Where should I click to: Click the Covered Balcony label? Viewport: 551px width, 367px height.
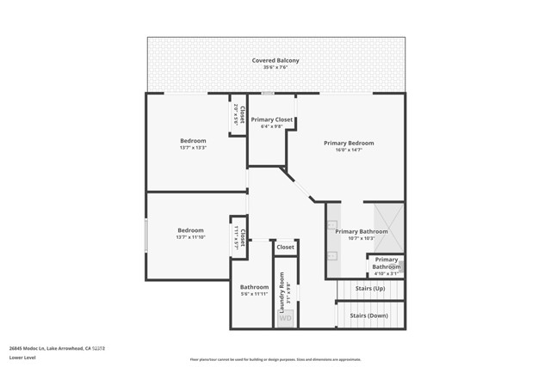coord(275,60)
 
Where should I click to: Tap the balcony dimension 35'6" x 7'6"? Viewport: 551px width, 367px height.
coord(275,68)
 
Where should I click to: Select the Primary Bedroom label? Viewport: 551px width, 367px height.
coord(349,143)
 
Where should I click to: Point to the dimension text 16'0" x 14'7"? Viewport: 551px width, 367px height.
coord(349,150)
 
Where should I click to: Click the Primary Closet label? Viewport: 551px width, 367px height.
coord(272,119)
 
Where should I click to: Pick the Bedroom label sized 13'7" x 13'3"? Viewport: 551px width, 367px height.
coord(193,140)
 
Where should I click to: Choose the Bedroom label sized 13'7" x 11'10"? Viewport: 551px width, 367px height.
coord(190,229)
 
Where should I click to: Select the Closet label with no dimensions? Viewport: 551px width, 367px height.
coord(285,247)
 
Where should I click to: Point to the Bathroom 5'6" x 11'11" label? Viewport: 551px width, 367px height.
coord(254,287)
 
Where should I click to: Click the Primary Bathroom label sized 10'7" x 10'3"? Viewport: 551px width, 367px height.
coord(362,231)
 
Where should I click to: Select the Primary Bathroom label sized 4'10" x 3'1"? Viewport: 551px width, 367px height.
coord(387,263)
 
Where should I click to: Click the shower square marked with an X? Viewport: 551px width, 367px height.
coord(387,221)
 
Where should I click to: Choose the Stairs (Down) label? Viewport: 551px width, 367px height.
coord(368,315)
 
